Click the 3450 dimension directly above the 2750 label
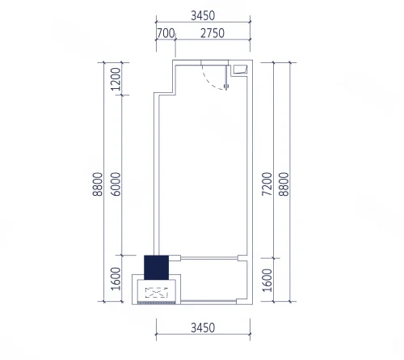(203, 15)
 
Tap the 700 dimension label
(166, 33)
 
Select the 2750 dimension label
(213, 33)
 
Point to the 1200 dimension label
(116, 79)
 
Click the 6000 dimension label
(116, 184)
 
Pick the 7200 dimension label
(267, 184)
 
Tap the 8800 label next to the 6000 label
(98, 184)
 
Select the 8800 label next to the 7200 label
(284, 184)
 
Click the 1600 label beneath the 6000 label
(116, 278)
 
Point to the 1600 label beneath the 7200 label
(267, 280)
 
